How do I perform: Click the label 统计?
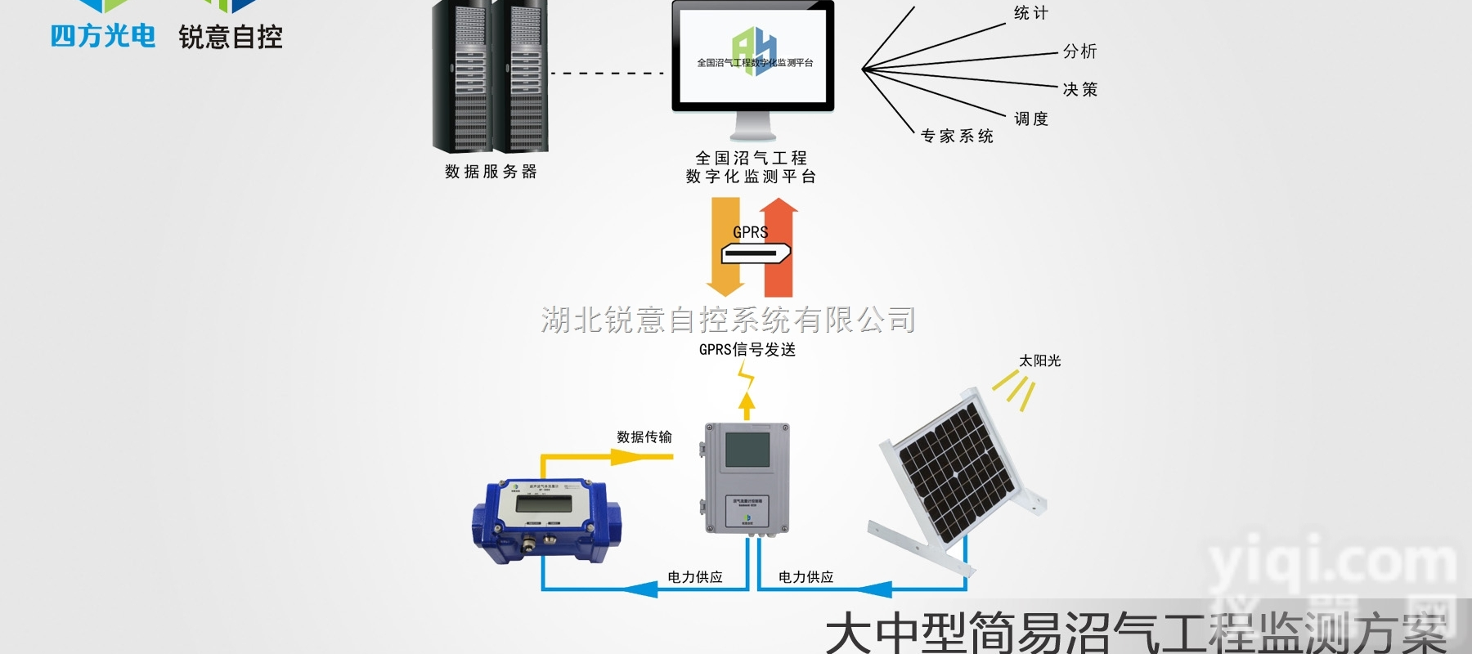coord(1030,13)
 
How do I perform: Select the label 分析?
coord(1079,52)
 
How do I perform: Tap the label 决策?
coord(1079,90)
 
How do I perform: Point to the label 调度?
coord(1030,119)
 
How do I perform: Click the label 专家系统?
coord(957,137)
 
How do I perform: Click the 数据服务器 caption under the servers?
coord(491,172)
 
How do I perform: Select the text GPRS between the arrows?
coord(750,232)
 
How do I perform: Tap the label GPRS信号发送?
coord(747,350)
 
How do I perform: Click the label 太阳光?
coord(1039,361)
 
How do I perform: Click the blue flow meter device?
coord(540,519)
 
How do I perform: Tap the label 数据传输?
coord(644,437)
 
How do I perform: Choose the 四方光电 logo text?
coord(103,37)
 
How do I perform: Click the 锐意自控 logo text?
coord(231,37)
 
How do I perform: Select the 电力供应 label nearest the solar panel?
coord(806,577)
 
